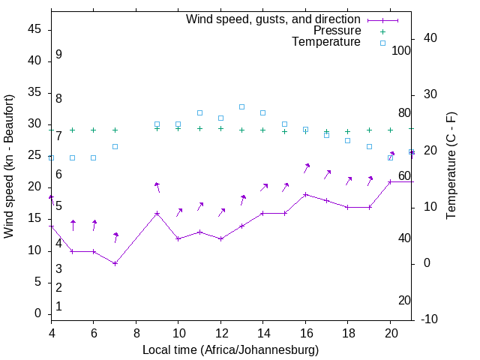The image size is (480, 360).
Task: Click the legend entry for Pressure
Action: click(337, 31)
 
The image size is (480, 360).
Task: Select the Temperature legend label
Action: click(326, 42)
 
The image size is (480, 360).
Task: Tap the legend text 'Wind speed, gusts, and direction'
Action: click(274, 19)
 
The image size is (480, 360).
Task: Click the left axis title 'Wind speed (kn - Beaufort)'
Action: click(9, 166)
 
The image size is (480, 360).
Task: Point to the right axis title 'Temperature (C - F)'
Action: click(451, 166)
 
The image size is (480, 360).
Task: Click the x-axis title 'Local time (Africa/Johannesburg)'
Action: click(230, 350)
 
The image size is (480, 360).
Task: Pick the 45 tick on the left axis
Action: click(34, 30)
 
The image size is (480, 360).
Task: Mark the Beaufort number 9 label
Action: click(58, 55)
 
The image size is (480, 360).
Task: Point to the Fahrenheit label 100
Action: click(402, 50)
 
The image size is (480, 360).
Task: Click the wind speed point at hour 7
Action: click(115, 263)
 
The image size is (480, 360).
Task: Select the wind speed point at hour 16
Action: click(305, 194)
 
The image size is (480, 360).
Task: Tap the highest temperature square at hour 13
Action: click(241, 106)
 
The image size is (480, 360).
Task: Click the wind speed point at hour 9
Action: click(157, 213)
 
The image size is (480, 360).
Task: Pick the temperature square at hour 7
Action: click(115, 146)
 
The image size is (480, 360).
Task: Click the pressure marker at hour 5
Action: click(73, 130)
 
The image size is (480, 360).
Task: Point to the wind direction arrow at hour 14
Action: click(263, 187)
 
